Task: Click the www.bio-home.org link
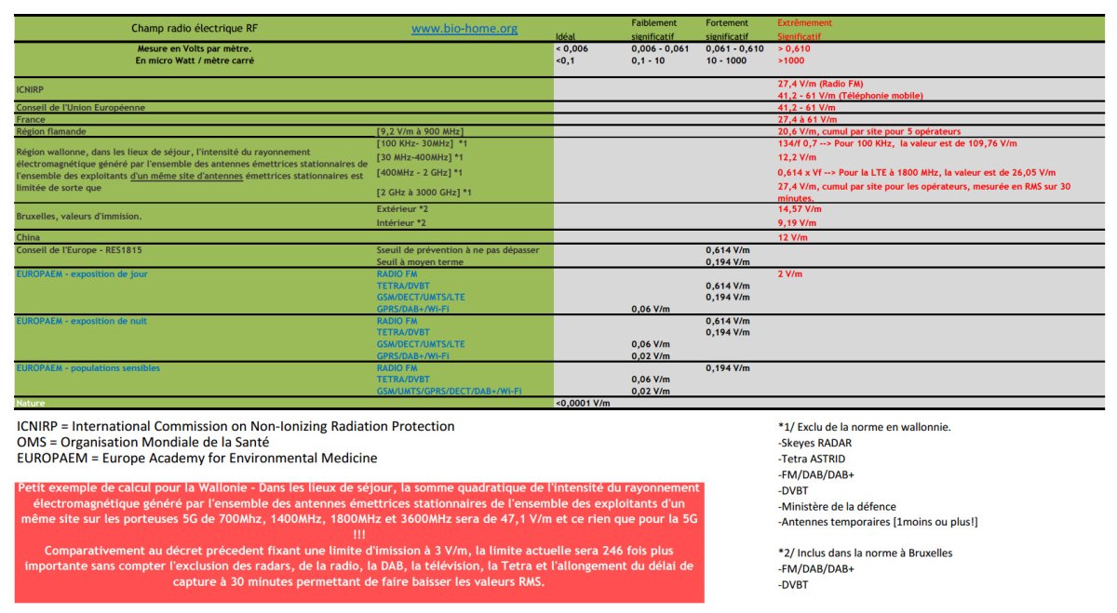tap(464, 29)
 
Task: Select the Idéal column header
tap(565, 37)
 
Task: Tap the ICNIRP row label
tap(31, 89)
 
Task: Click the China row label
tap(28, 237)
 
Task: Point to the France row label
tap(31, 119)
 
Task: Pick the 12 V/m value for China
tap(792, 237)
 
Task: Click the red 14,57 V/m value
tap(798, 210)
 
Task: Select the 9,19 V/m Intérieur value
tap(796, 223)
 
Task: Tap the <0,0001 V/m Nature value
tap(583, 403)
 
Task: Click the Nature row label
tap(31, 403)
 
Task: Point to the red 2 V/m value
tap(789, 274)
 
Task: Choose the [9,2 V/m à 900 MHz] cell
tap(420, 131)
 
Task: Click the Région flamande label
tap(52, 131)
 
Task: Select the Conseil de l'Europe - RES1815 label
tap(78, 249)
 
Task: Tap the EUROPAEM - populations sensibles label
tap(87, 367)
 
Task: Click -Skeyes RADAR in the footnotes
tap(814, 443)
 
